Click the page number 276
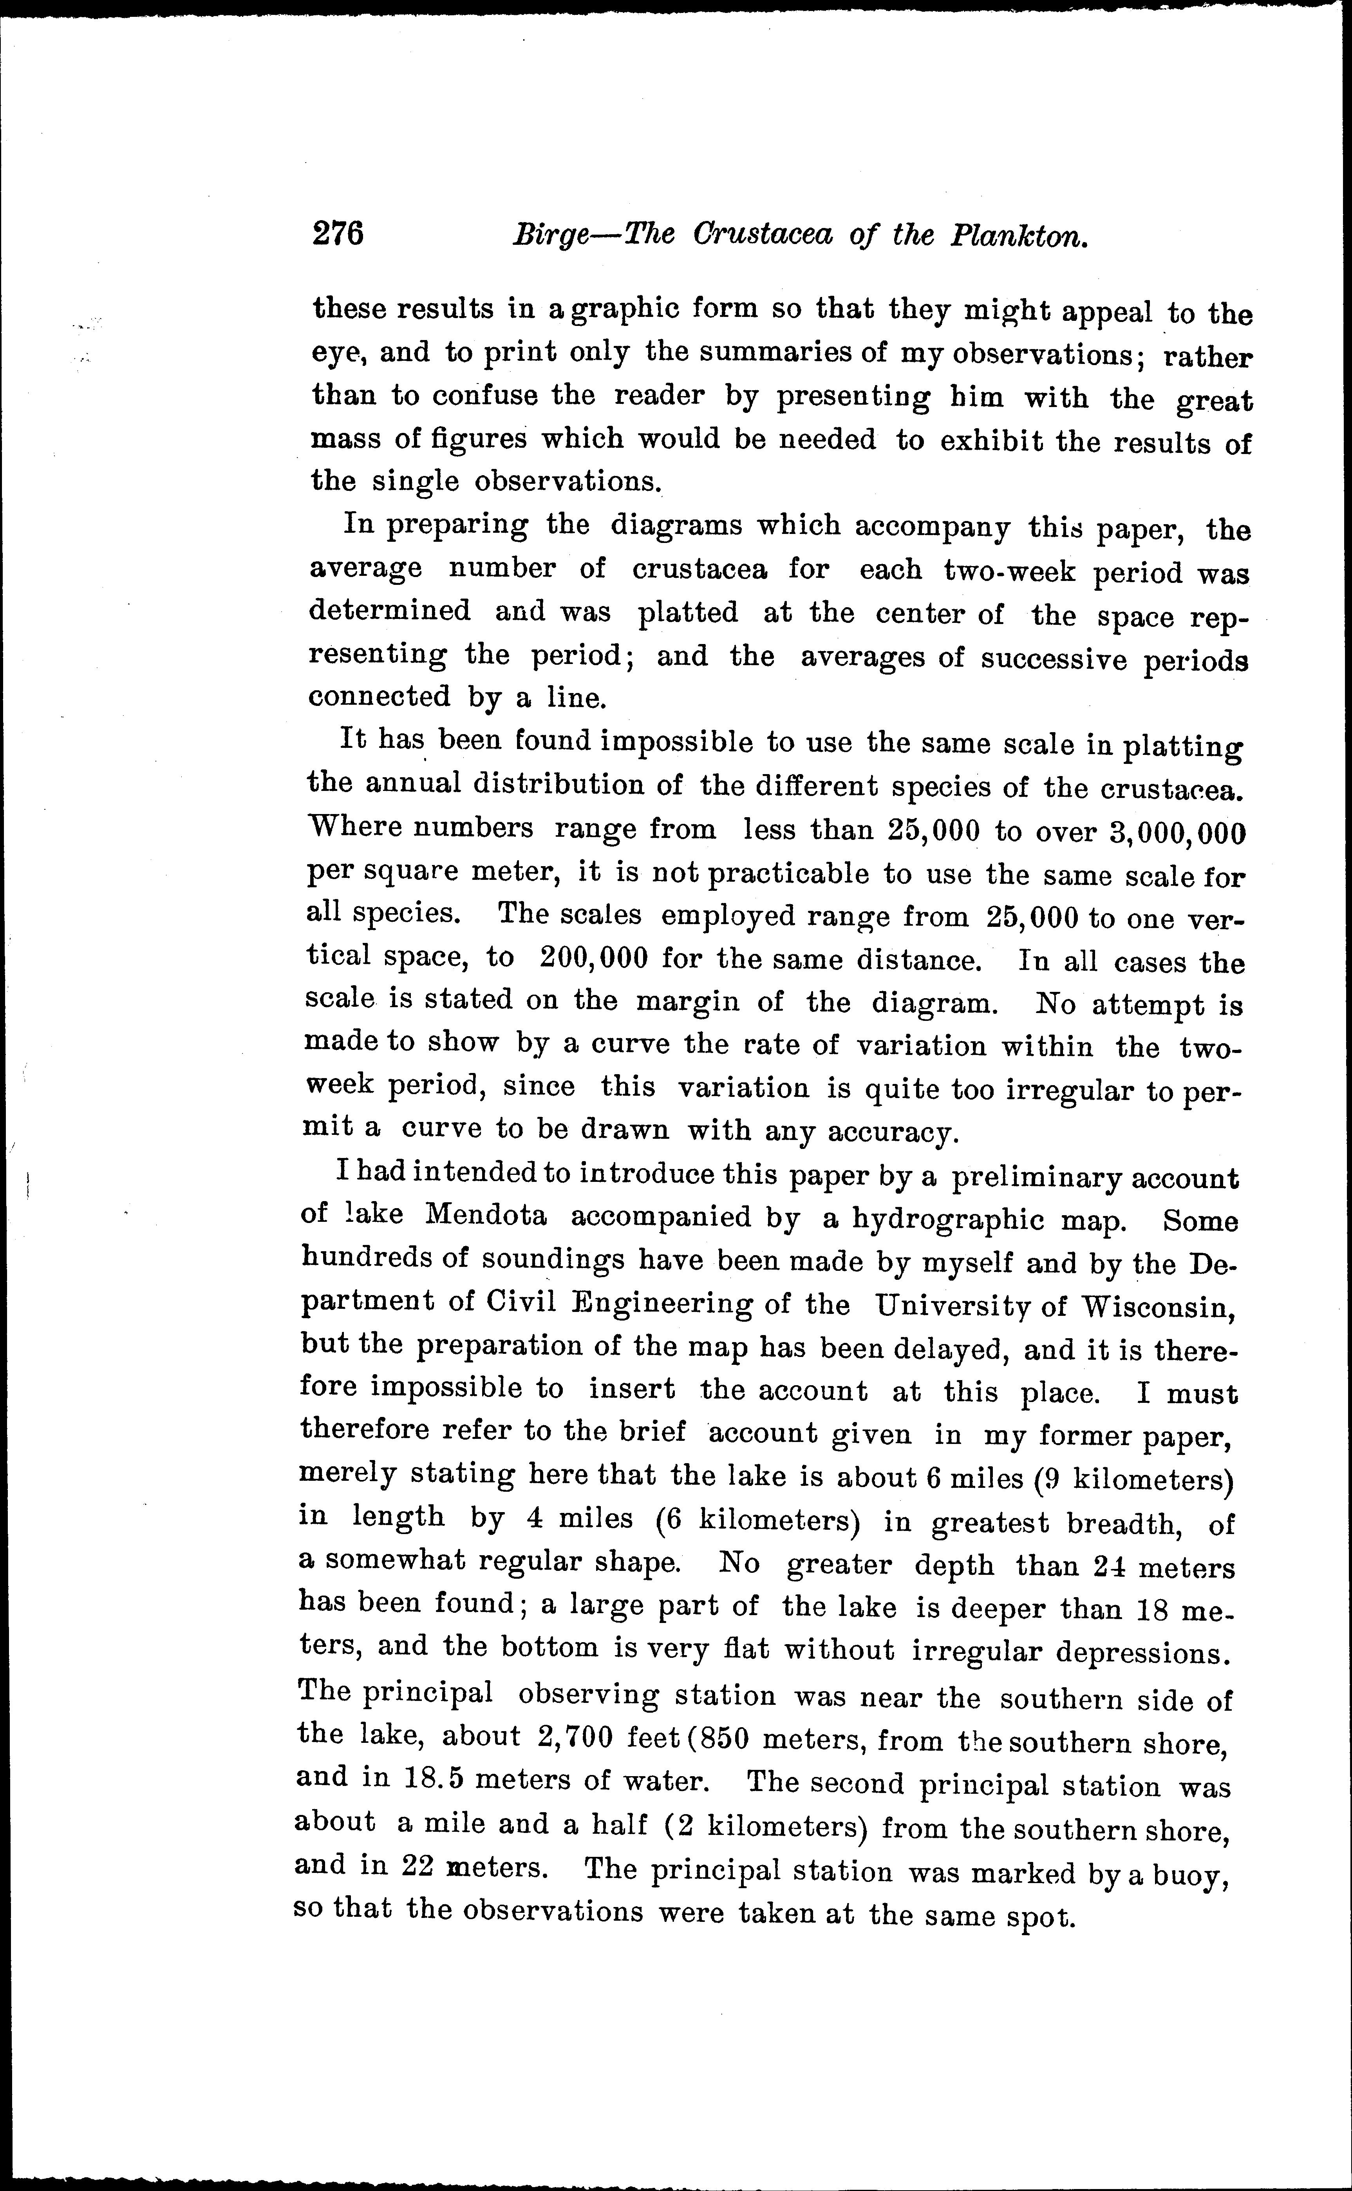tap(338, 234)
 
